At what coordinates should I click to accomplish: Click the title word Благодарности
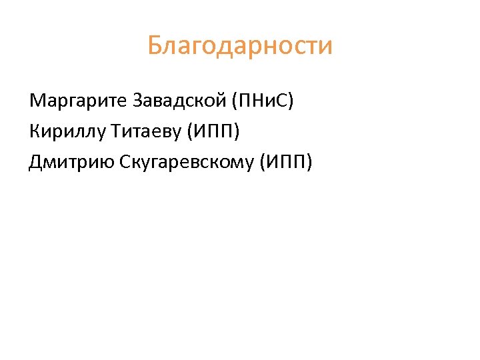tap(240, 47)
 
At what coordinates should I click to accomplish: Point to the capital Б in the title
tap(155, 47)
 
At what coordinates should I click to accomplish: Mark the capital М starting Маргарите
tap(37, 102)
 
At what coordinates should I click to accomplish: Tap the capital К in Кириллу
tap(35, 132)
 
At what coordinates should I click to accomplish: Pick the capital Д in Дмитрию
tap(36, 162)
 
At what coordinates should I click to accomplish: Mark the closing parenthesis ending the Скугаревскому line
tap(309, 162)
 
